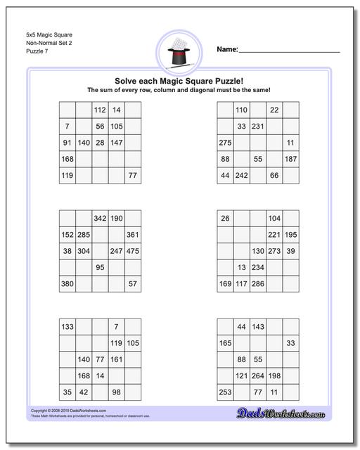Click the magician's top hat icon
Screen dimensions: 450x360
(179, 53)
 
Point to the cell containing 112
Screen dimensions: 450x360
(100, 110)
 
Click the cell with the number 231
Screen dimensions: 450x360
(258, 127)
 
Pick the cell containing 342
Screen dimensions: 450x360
(100, 219)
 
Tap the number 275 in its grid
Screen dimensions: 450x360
(225, 143)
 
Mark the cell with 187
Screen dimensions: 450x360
(291, 159)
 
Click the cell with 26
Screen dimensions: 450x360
(225, 219)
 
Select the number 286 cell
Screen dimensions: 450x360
(258, 284)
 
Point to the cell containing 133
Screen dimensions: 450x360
(67, 327)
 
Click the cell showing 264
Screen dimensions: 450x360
(258, 375)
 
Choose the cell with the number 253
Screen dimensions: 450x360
(225, 392)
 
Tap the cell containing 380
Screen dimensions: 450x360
(67, 284)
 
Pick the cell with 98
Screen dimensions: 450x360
(117, 392)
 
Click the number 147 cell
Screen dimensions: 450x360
(117, 143)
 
